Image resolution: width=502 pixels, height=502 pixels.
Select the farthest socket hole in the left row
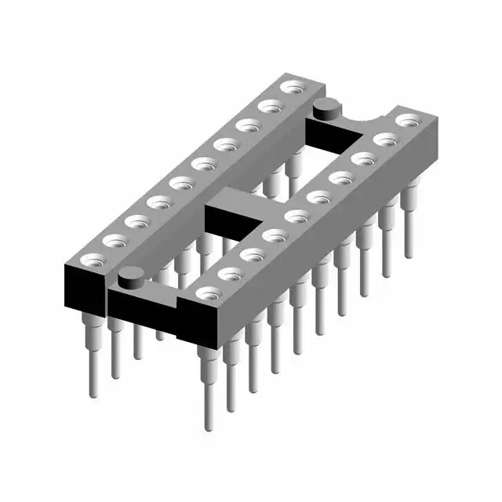tap(294, 85)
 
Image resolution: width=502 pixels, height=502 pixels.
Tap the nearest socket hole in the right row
tap(208, 294)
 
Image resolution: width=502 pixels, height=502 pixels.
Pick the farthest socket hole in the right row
tap(407, 121)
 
